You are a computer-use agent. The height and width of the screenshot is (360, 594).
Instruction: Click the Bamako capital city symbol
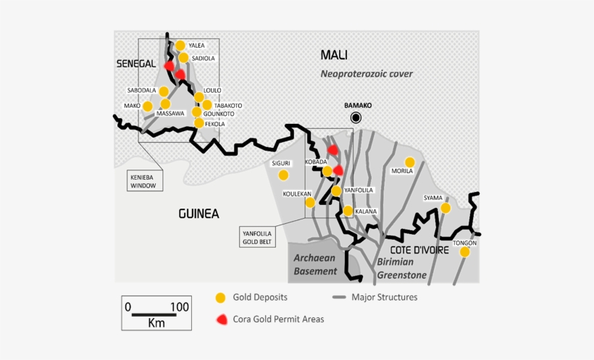[356, 117]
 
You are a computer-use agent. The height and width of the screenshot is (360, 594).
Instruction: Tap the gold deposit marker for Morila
[409, 162]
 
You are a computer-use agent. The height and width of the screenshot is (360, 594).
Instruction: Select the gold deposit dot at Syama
[445, 208]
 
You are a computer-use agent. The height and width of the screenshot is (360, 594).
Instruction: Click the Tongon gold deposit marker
[465, 252]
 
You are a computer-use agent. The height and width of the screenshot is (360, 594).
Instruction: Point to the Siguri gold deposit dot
[283, 175]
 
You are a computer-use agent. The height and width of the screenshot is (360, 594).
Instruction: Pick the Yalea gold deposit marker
[180, 46]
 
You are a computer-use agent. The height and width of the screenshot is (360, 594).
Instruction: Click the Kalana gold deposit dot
[348, 211]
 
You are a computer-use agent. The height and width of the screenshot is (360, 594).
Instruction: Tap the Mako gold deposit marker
[148, 106]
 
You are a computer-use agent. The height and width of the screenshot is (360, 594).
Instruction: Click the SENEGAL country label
[136, 64]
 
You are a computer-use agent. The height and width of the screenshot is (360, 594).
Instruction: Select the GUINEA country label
[198, 213]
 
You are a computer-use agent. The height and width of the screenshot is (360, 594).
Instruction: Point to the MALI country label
[334, 55]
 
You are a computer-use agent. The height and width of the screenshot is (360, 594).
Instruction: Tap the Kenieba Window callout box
[143, 181]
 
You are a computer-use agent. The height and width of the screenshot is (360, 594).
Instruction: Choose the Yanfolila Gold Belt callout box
[259, 237]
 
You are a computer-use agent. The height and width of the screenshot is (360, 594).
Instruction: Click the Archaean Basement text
[315, 265]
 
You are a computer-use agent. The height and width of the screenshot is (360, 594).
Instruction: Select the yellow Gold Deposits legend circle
[221, 298]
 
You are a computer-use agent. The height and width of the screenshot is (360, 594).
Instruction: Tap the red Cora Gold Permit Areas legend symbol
[221, 319]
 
